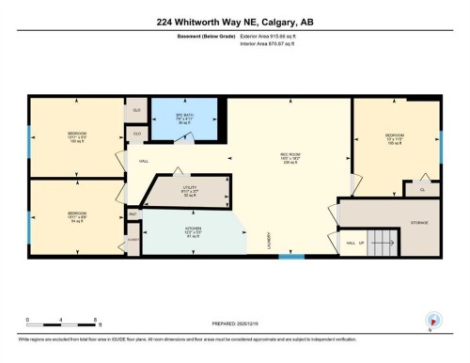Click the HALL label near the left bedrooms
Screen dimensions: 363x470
144,162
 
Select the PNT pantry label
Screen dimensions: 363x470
133,214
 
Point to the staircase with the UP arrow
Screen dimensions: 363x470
381,244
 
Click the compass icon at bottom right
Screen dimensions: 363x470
433,322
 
